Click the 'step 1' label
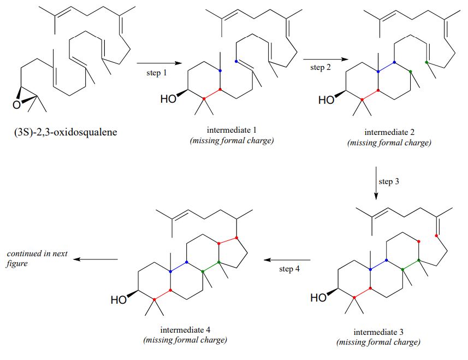click(157, 73)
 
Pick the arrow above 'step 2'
click(321, 59)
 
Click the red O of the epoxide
click(18, 104)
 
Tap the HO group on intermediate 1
click(169, 99)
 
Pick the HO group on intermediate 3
click(319, 298)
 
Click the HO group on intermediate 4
click(119, 299)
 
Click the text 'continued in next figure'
click(32, 258)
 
